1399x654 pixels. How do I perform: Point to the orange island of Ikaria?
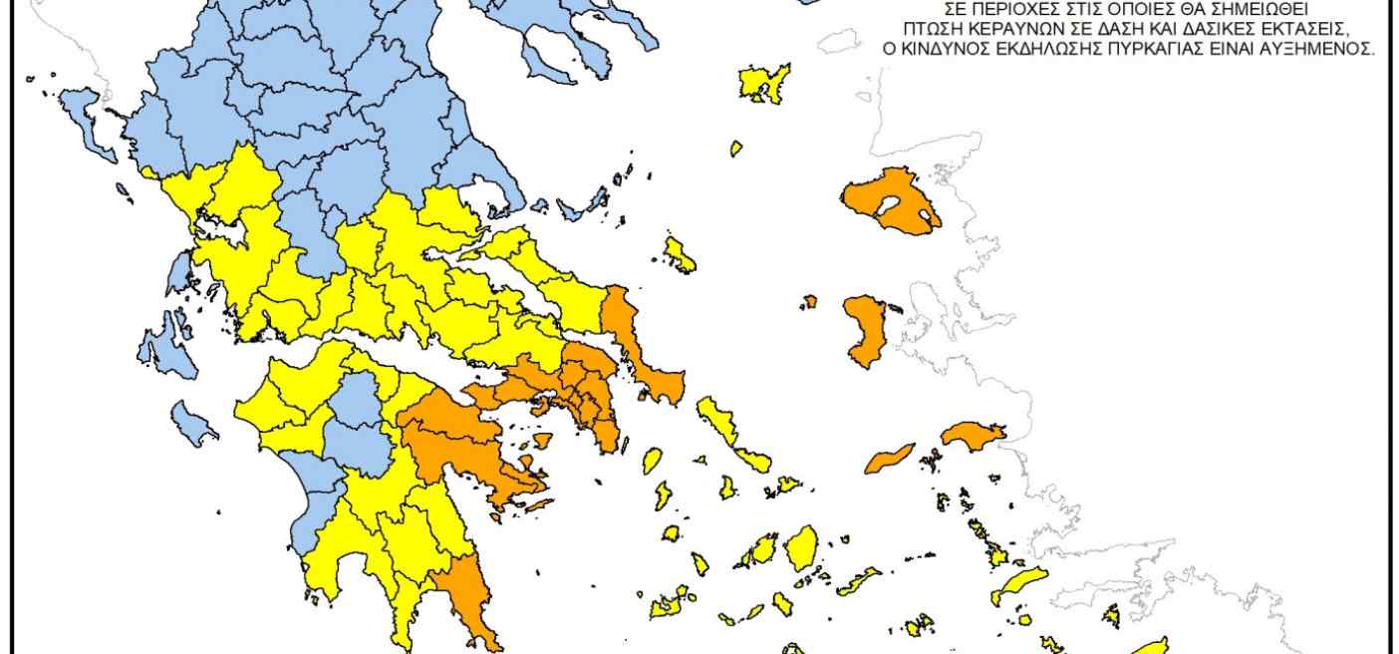pos(890,459)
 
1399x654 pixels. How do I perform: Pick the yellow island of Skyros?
pos(680,254)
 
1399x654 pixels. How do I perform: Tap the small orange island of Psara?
pos(810,300)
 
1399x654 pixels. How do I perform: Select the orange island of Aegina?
pos(543,440)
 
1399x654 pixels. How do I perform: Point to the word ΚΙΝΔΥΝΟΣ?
pos(943,47)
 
